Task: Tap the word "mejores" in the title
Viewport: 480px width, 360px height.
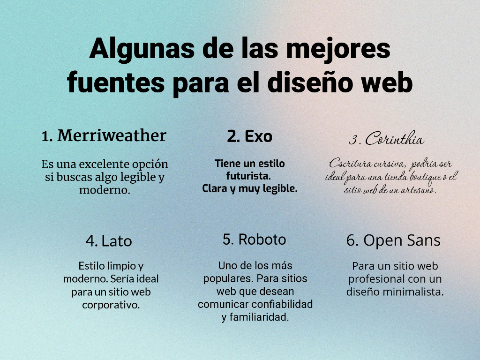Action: click(x=338, y=49)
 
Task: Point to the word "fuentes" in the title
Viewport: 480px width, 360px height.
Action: click(x=116, y=82)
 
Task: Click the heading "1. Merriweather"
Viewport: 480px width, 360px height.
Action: click(x=104, y=135)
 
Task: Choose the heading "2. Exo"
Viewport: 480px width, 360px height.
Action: click(x=249, y=136)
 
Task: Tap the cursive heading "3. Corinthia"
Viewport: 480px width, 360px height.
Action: click(x=386, y=138)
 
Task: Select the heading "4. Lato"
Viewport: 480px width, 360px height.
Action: click(x=109, y=241)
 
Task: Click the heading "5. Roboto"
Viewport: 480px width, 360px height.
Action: click(x=254, y=240)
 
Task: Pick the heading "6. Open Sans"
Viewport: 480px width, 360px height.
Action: click(x=393, y=240)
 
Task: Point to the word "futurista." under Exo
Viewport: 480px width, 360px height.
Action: click(x=248, y=176)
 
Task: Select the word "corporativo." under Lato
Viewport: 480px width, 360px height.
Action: click(x=111, y=305)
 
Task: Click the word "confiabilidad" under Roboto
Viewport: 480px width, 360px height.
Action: click(x=282, y=304)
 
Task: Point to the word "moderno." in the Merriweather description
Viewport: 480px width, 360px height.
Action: click(x=105, y=190)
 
